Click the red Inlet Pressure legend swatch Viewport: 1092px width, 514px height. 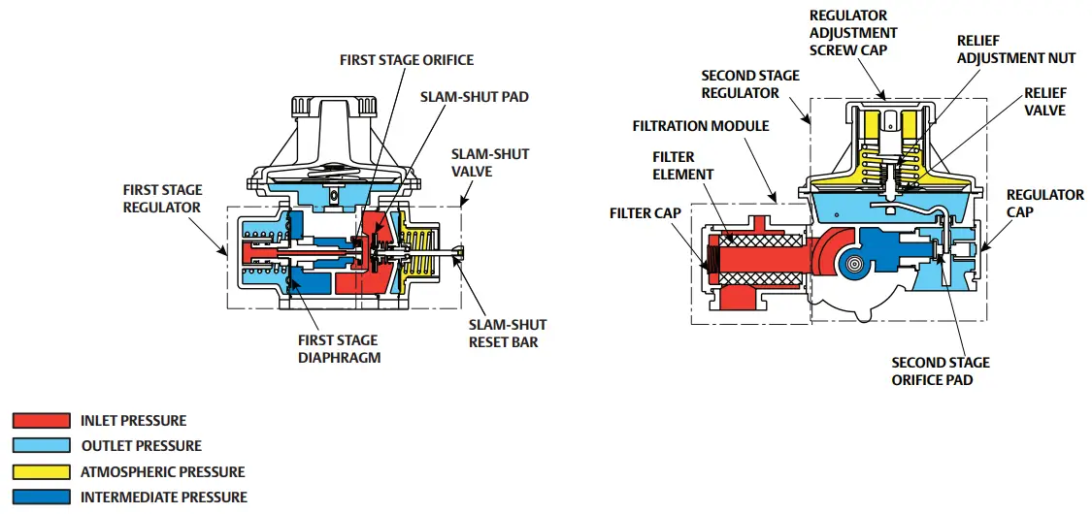coord(41,421)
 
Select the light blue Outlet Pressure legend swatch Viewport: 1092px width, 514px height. coord(41,446)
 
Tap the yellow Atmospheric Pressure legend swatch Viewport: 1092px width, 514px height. coord(41,472)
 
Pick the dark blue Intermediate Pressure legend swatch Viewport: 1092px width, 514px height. coord(41,498)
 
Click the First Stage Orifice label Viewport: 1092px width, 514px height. coord(406,60)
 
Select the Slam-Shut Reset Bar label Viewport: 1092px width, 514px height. coord(508,333)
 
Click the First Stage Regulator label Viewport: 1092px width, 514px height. coord(161,199)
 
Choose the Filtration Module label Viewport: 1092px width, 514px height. coord(701,126)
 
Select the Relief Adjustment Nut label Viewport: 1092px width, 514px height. coord(1015,49)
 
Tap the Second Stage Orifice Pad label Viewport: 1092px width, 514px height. coord(941,371)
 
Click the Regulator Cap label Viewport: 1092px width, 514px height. coord(1044,203)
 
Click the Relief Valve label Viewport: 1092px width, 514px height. coord(1044,102)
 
